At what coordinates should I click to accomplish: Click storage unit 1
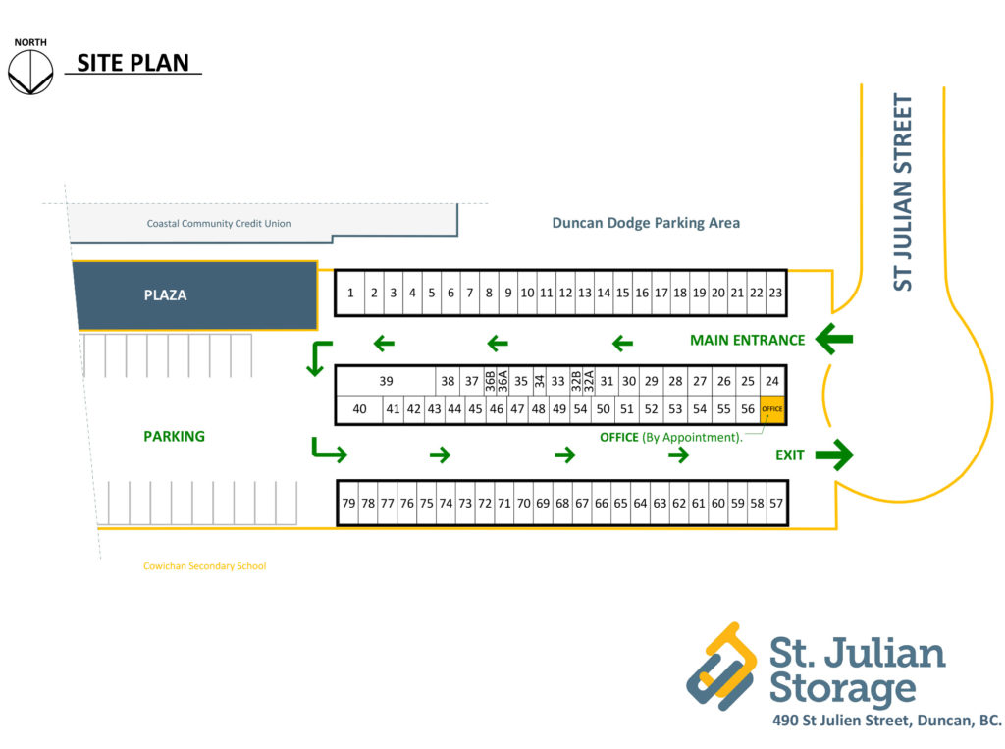[x=350, y=293]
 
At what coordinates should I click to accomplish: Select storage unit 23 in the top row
[x=775, y=293]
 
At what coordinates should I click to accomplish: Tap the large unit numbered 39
[x=386, y=381]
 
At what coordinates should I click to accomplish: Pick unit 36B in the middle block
[x=490, y=381]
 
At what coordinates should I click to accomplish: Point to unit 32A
[x=589, y=381]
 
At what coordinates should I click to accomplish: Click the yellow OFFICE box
[x=772, y=409]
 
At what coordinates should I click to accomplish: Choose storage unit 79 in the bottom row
[x=348, y=503]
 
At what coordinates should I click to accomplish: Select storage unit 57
[x=776, y=503]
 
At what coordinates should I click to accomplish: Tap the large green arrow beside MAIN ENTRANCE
[x=834, y=340]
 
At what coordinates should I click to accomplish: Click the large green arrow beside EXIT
[x=834, y=455]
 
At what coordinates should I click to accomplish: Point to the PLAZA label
[x=165, y=294]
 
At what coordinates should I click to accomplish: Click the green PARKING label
[x=174, y=436]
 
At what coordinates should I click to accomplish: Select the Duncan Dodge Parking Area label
[x=646, y=223]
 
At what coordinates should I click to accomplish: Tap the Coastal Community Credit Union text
[x=219, y=224]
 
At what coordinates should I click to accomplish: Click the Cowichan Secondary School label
[x=204, y=566]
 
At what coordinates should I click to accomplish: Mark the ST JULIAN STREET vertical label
[x=903, y=191]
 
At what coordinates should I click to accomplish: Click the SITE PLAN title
[x=132, y=64]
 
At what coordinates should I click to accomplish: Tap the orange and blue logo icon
[x=722, y=666]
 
